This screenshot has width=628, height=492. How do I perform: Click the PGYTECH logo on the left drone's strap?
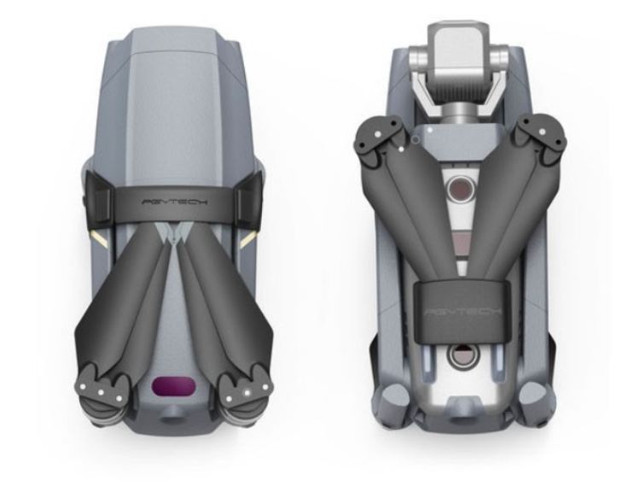175,202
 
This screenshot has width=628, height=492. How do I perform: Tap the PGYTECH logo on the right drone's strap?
462,312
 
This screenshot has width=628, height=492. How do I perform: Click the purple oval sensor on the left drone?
174,387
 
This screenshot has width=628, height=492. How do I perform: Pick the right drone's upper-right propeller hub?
542,138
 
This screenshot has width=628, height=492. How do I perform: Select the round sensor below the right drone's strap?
462,356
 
